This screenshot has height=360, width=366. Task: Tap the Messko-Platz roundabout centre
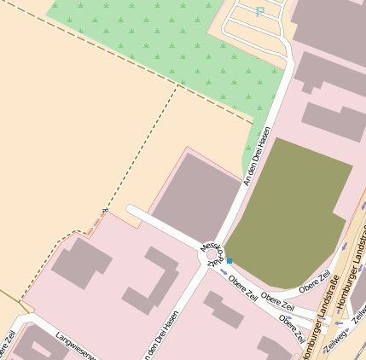click(212, 253)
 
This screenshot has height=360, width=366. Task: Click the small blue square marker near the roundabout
click(229, 260)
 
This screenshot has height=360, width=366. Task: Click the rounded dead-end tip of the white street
click(131, 210)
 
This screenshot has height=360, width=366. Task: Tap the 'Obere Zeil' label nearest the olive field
click(314, 282)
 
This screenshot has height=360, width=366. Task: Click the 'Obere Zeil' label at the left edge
click(7, 345)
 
